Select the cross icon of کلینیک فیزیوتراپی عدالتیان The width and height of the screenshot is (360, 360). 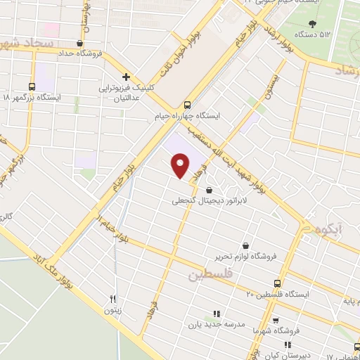[125, 76]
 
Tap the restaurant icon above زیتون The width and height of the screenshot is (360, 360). [111, 299]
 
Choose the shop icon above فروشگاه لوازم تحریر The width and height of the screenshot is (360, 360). [245, 245]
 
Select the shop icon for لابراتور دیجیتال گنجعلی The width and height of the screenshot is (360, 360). [210, 190]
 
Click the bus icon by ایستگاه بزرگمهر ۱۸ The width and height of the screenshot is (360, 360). [34, 85]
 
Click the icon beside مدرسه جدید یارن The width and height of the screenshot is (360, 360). [217, 314]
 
